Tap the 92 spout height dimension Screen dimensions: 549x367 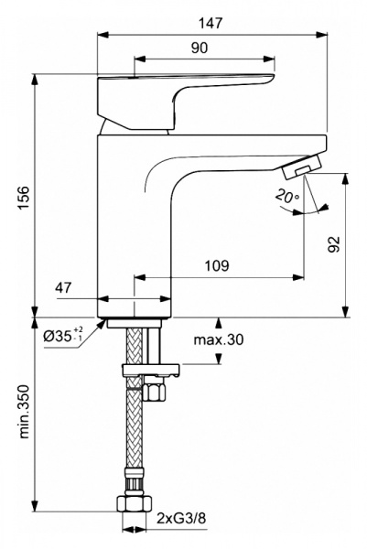335,244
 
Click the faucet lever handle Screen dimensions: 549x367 183,93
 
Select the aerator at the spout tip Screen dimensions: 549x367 300,167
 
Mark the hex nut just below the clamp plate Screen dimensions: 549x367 152,392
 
